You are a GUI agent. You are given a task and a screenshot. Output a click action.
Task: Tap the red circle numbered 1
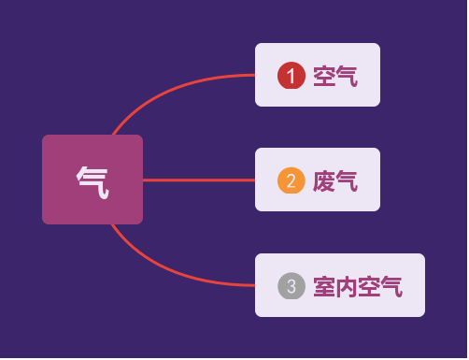click(291, 76)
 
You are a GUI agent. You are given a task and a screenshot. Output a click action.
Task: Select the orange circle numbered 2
click(291, 180)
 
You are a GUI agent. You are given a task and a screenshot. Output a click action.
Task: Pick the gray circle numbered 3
click(291, 286)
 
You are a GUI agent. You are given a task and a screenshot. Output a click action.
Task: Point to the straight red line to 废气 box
click(198, 180)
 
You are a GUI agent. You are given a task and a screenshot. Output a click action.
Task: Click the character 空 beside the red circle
click(324, 76)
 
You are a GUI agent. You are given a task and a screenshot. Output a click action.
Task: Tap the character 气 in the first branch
click(347, 76)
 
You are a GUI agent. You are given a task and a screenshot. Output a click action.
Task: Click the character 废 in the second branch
click(324, 180)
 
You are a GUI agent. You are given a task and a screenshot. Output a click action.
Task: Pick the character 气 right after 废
click(347, 180)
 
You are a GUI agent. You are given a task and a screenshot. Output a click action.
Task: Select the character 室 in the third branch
click(324, 286)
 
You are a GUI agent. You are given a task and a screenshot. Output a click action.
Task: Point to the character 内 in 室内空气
click(347, 286)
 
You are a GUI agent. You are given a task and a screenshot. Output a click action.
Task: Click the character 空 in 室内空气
click(369, 286)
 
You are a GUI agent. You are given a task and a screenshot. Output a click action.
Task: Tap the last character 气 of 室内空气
click(391, 286)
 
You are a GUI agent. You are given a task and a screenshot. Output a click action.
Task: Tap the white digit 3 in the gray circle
click(291, 286)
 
